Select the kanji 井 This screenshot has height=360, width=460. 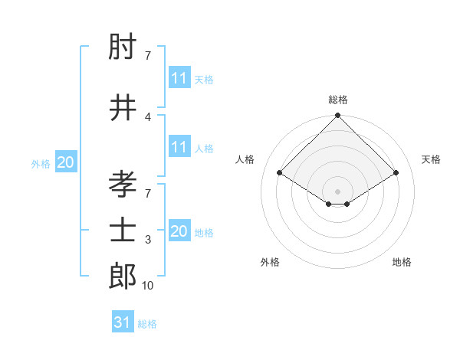point(123,107)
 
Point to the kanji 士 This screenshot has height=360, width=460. point(123,230)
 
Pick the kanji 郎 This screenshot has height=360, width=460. point(123,276)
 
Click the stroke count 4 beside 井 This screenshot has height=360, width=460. point(148,116)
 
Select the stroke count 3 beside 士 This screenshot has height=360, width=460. point(148,240)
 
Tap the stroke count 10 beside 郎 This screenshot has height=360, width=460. point(148,286)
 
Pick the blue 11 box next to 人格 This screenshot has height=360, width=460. point(179,147)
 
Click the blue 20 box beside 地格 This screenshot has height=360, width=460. point(179,231)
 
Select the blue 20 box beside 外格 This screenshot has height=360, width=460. point(66,162)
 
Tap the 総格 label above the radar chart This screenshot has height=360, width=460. point(337,100)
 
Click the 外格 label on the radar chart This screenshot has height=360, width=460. point(270,262)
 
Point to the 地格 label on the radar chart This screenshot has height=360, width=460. point(402,262)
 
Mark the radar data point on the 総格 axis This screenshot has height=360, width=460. point(337,116)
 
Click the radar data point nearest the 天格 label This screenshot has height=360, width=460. point(396,173)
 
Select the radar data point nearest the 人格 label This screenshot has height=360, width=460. point(279,173)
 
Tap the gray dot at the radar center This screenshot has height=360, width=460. point(337,190)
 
